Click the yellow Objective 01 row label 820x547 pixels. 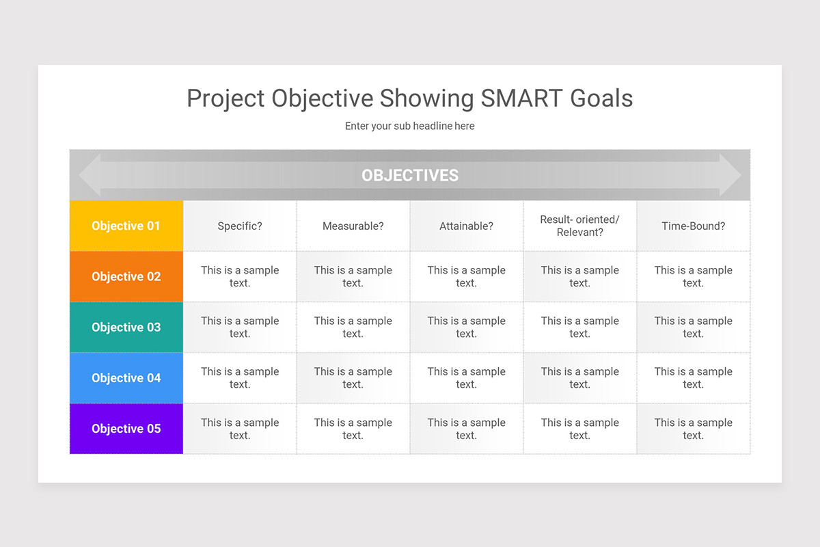(x=126, y=226)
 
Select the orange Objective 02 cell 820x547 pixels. (x=126, y=276)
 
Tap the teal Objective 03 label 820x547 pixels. (x=126, y=327)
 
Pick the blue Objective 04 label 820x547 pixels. (x=126, y=377)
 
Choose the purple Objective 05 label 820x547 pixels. (x=126, y=429)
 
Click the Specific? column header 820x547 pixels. (x=240, y=226)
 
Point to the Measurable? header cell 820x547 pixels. (x=353, y=226)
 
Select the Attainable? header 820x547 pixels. (x=466, y=226)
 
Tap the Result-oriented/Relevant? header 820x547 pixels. (x=579, y=226)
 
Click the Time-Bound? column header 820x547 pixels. (x=693, y=226)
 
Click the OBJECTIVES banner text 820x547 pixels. (x=410, y=175)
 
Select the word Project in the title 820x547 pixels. (x=225, y=98)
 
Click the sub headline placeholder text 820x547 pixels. (x=409, y=126)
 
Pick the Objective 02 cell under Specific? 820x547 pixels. (x=240, y=276)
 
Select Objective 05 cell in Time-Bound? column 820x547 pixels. (x=693, y=429)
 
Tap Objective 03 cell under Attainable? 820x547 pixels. (x=466, y=327)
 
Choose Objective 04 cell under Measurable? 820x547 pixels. (x=353, y=377)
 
